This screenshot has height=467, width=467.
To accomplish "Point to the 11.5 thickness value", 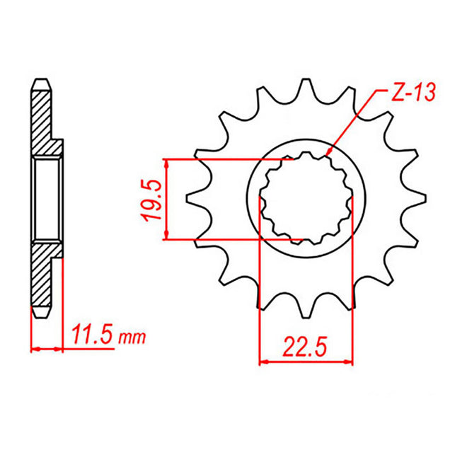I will point(91,333).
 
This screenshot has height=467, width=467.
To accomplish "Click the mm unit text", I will point(132,337).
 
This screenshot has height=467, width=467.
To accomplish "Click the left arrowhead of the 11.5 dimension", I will point(34,348).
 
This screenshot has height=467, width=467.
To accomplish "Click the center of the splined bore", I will point(306,200).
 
